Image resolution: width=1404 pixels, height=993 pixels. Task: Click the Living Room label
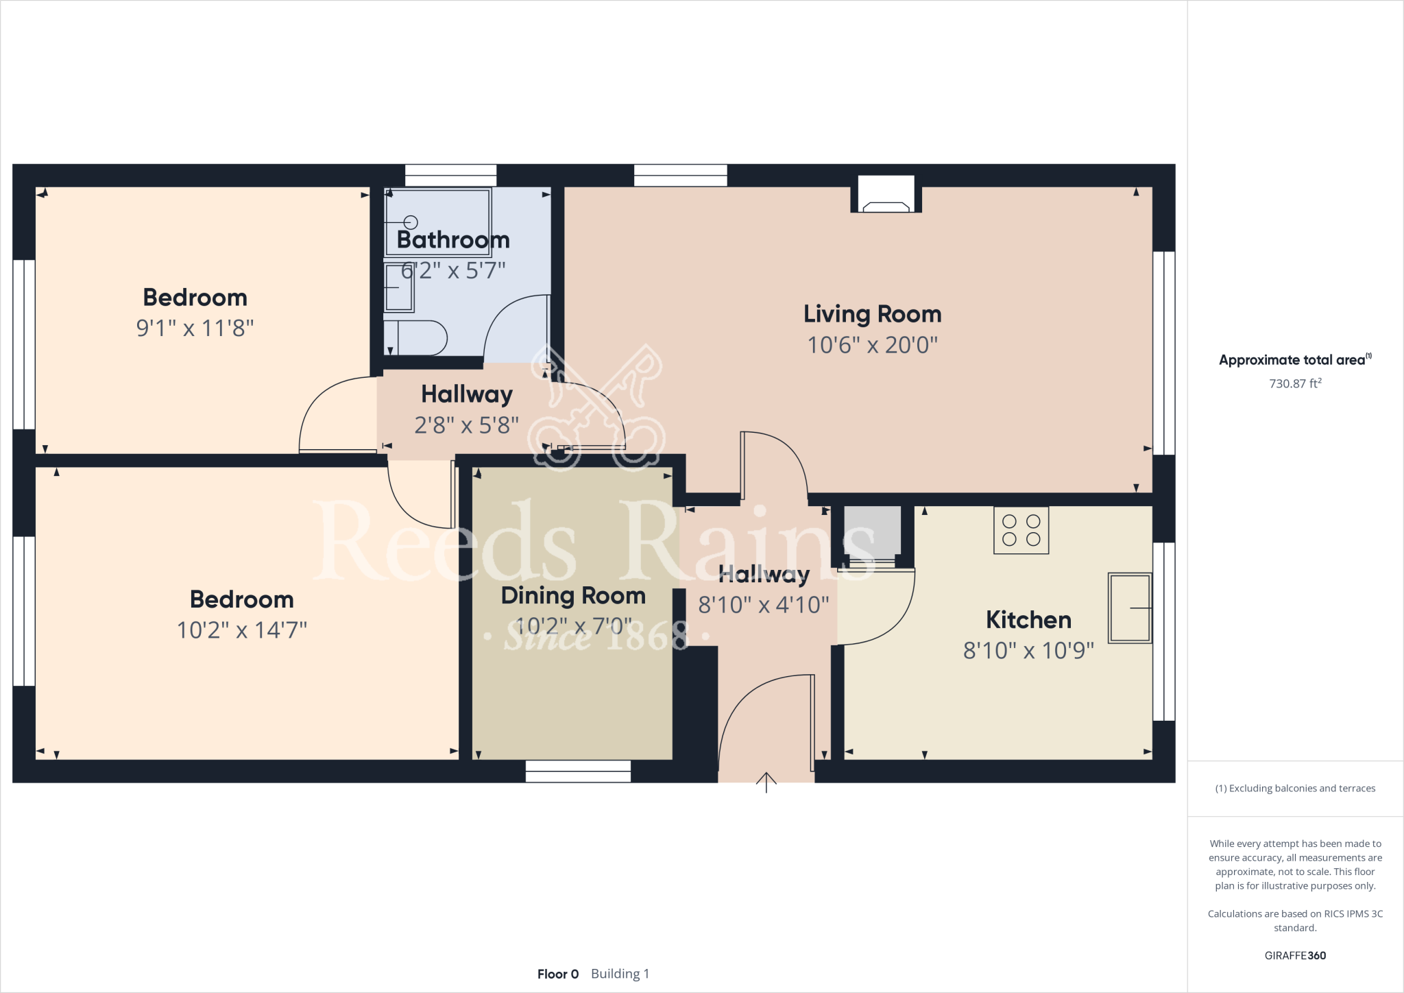pyautogui.click(x=872, y=314)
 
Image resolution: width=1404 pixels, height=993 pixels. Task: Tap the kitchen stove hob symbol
pyautogui.click(x=1021, y=530)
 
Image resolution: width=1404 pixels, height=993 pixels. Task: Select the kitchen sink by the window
pyautogui.click(x=1129, y=608)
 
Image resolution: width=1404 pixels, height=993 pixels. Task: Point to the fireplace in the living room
pyautogui.click(x=886, y=197)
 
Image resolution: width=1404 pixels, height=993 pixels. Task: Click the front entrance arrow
pyautogui.click(x=766, y=782)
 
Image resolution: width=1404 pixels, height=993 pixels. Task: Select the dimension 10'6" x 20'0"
pyautogui.click(x=872, y=344)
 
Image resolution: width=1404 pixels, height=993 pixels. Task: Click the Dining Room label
pyautogui.click(x=573, y=595)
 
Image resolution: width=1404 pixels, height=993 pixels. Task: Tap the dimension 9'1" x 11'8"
pyautogui.click(x=195, y=328)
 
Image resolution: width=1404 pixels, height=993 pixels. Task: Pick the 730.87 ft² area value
pyautogui.click(x=1294, y=383)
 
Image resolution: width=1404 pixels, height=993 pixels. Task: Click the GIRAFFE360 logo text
pyautogui.click(x=1294, y=955)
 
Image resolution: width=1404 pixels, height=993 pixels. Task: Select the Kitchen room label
pyautogui.click(x=1028, y=620)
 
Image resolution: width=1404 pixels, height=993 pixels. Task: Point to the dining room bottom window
pyautogui.click(x=578, y=771)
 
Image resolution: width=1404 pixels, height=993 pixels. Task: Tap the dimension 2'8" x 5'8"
pyautogui.click(x=466, y=425)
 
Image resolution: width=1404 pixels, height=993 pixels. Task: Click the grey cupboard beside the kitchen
pyautogui.click(x=872, y=531)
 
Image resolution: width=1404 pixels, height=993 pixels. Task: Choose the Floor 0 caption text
pyautogui.click(x=558, y=974)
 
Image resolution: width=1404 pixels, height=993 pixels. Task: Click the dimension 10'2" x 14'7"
pyautogui.click(x=241, y=630)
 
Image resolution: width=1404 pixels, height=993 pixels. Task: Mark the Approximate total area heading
pyautogui.click(x=1293, y=360)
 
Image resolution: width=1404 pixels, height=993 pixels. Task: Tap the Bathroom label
pyautogui.click(x=453, y=240)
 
